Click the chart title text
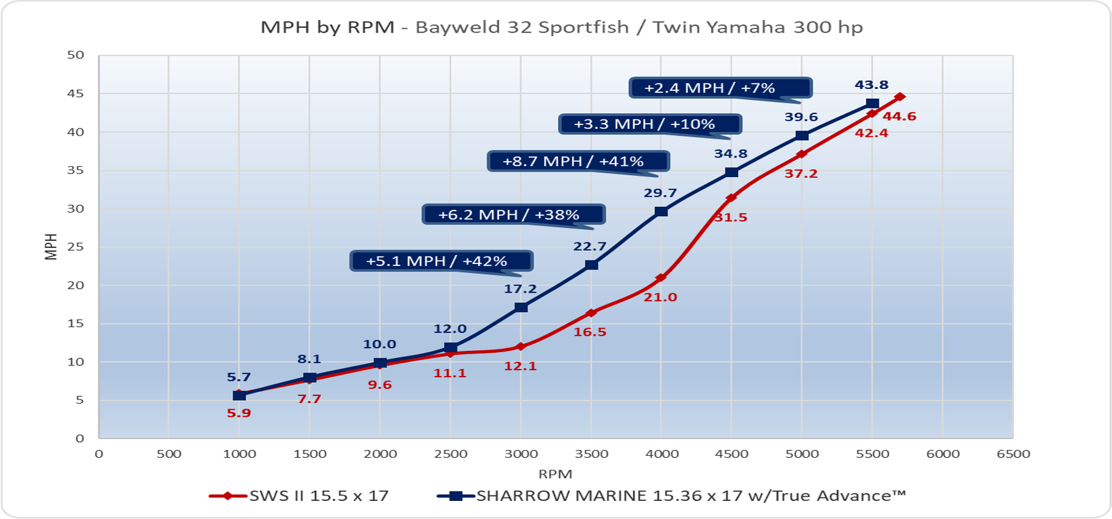562,27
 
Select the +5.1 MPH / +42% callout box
441,261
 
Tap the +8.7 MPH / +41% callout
578,161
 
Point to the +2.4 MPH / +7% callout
720,88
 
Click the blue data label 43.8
872,85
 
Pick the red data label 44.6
899,116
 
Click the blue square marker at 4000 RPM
661,211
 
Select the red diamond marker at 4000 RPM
661,278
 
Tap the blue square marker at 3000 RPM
521,307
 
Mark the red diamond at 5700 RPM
900,97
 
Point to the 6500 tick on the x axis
1013,454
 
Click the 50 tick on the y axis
76,55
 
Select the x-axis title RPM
555,475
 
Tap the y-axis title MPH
51,247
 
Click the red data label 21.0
660,297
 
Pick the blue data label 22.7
589,247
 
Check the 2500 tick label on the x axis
450,454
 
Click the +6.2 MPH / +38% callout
513,215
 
